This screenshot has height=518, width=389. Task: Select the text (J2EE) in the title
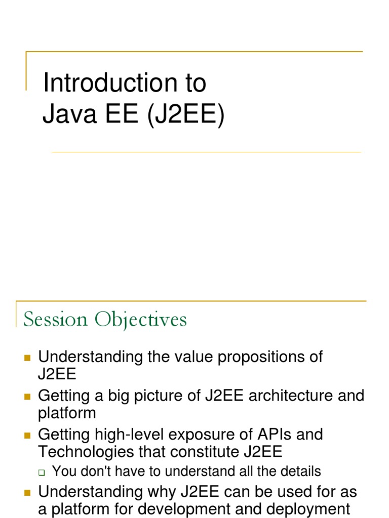click(x=185, y=115)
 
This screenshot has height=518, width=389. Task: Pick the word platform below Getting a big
click(x=67, y=413)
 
